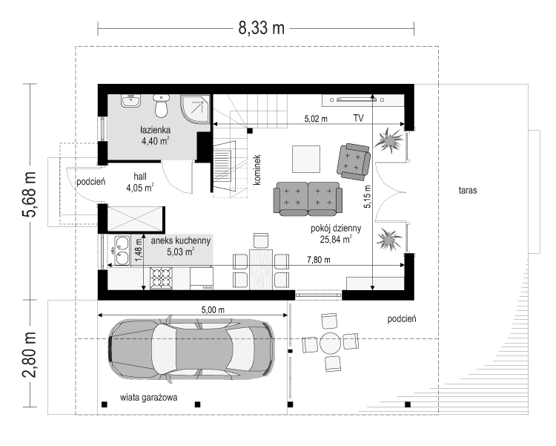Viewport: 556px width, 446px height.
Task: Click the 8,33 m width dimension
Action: pos(261,28)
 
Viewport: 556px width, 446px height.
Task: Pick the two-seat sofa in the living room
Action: pos(307,197)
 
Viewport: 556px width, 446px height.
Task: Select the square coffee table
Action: pos(306,158)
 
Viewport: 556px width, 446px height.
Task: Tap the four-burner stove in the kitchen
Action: pos(162,278)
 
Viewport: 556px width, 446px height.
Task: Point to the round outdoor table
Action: pos(330,343)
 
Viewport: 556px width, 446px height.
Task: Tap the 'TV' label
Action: pos(359,118)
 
